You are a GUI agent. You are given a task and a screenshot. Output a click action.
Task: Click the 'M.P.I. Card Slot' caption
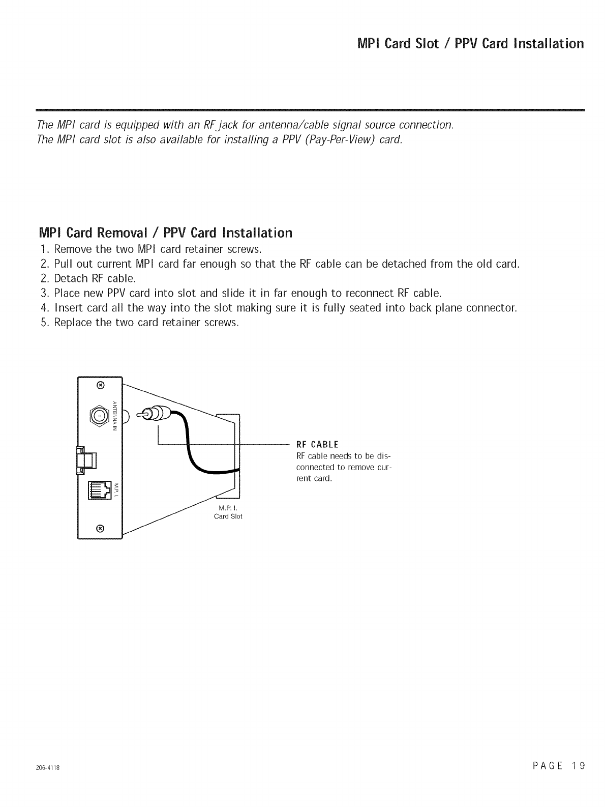pos(230,512)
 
